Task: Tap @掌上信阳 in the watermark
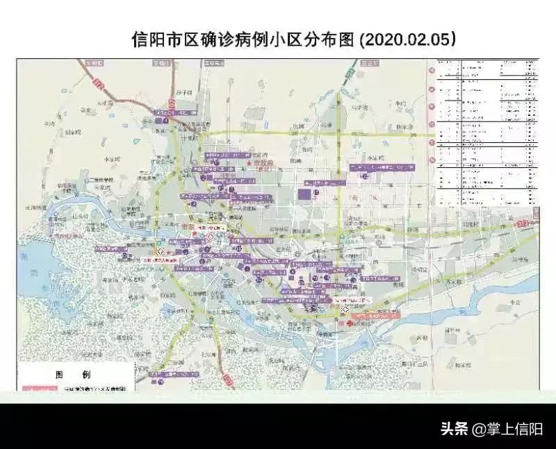pos(507,429)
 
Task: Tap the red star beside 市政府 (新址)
pos(249,162)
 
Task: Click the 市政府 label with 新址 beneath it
pos(263,162)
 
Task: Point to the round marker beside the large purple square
pos(316,192)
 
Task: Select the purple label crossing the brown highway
pos(167,112)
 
